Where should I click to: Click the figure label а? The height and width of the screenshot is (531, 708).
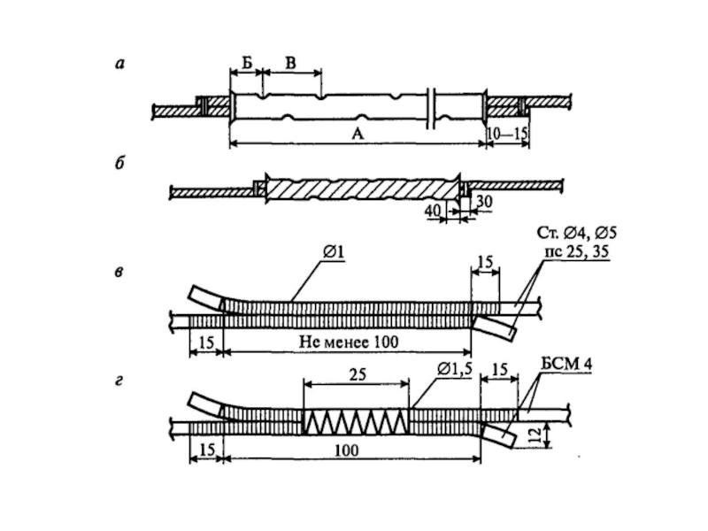point(119,64)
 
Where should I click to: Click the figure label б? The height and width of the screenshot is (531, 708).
point(119,163)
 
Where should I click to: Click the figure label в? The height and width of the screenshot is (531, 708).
point(119,273)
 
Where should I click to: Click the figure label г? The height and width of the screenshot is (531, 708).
point(119,381)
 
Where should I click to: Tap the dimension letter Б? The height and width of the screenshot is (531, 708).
point(247,63)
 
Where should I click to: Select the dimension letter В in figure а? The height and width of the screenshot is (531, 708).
point(291,63)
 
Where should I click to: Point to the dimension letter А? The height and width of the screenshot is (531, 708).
point(358,134)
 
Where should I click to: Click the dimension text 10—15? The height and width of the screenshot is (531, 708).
point(507,134)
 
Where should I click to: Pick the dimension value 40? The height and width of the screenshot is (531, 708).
point(433,210)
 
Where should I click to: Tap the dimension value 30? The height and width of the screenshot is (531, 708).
point(483,202)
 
